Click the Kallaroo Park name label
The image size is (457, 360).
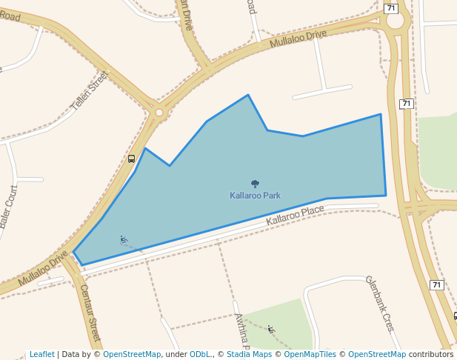(x=255, y=196)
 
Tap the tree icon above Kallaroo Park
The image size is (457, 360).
(x=255, y=184)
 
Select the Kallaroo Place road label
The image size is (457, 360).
(x=296, y=216)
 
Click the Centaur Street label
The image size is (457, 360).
(x=90, y=312)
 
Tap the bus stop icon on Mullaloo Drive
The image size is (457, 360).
(x=131, y=159)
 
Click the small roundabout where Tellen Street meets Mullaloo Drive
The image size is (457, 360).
(x=159, y=113)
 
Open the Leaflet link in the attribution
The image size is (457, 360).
(x=41, y=355)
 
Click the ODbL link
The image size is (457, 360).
(x=200, y=355)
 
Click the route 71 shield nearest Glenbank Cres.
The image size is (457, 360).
(x=436, y=284)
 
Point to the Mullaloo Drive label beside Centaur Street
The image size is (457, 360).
(x=42, y=268)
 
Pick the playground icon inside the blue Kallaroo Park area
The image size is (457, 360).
(x=123, y=239)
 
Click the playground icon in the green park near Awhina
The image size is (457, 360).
(x=271, y=328)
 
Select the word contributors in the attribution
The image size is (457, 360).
(x=431, y=355)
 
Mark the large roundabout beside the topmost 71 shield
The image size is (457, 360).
(x=395, y=20)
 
